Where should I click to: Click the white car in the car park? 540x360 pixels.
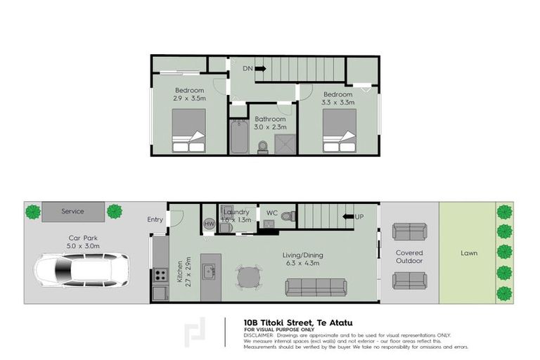pyautogui.click(x=83, y=269)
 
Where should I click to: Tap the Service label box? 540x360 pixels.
pyautogui.click(x=72, y=212)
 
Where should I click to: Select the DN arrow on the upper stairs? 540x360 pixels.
pyautogui.click(x=260, y=68)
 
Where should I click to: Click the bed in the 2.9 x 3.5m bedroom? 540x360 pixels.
pyautogui.click(x=188, y=131)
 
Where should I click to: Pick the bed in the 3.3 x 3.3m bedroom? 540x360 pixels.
pyautogui.click(x=339, y=131)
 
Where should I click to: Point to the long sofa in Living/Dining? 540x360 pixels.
pyautogui.click(x=316, y=287)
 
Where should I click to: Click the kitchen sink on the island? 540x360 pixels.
pyautogui.click(x=209, y=271)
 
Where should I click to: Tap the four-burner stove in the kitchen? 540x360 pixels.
pyautogui.click(x=160, y=276)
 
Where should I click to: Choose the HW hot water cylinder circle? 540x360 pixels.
pyautogui.click(x=209, y=224)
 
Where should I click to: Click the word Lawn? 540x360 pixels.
pyautogui.click(x=469, y=252)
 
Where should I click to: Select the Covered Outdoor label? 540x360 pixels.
pyautogui.click(x=409, y=257)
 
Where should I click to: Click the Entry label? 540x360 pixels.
pyautogui.click(x=155, y=219)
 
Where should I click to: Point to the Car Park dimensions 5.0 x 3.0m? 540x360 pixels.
pyautogui.click(x=83, y=247)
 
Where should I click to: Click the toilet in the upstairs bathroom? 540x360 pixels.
pyautogui.click(x=262, y=146)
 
